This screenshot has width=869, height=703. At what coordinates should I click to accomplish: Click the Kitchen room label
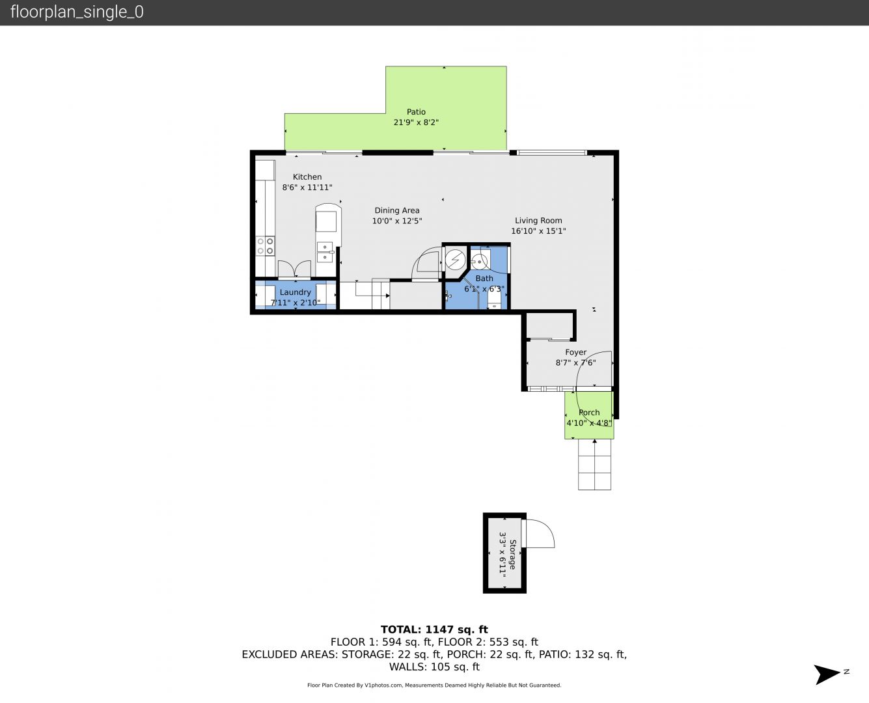[x=307, y=176]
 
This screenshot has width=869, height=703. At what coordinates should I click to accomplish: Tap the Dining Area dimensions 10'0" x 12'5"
[x=397, y=221]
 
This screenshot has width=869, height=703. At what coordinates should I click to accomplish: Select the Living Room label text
[x=538, y=220]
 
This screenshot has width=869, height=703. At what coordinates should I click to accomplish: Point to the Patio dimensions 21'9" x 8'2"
[x=416, y=122]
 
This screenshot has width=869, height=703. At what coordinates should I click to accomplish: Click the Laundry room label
[x=295, y=292]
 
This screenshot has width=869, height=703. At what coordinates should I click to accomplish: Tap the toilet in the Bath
[x=495, y=303]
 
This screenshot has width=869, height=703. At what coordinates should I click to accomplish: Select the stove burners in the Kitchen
[x=265, y=246]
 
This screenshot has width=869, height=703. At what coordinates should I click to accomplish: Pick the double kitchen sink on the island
[x=325, y=252]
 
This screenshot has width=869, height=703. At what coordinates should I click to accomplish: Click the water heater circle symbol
[x=455, y=260]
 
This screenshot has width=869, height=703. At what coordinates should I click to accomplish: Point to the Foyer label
[x=575, y=352]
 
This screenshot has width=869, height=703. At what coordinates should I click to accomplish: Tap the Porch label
[x=589, y=413]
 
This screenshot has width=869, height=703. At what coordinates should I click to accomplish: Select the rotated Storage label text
[x=513, y=555]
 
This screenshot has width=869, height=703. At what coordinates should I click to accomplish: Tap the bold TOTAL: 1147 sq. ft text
[x=434, y=629]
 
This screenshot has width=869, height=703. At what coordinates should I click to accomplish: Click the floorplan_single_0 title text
[x=77, y=12]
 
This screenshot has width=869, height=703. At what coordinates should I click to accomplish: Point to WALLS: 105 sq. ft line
[x=434, y=667]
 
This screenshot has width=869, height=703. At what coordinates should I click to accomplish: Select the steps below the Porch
[x=594, y=464]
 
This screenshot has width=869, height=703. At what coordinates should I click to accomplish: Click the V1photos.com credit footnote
[x=434, y=685]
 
